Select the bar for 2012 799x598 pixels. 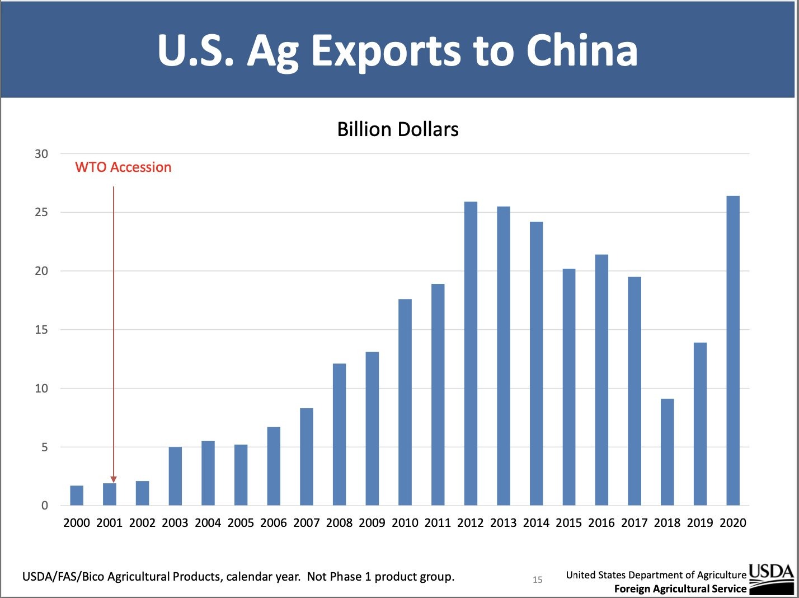(471, 353)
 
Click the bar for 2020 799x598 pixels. (732, 351)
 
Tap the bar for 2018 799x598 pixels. (667, 452)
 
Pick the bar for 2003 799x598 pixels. (175, 476)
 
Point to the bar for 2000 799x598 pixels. (77, 496)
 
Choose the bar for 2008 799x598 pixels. (339, 435)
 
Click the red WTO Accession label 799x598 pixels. (123, 167)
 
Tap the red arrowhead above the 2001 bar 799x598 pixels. (114, 479)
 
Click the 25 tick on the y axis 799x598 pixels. (41, 212)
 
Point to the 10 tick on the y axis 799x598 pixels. (41, 388)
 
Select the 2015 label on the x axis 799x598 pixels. (568, 522)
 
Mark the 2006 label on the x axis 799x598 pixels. (273, 522)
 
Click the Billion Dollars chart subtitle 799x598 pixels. (398, 129)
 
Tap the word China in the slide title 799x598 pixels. (581, 50)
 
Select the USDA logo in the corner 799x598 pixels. (771, 578)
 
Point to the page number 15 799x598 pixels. (537, 580)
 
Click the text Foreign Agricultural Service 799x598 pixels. (680, 588)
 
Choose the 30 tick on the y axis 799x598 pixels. (41, 153)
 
